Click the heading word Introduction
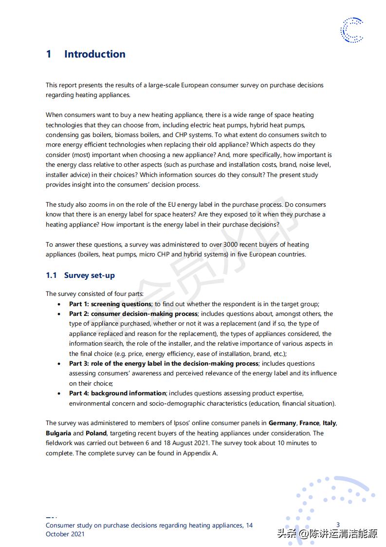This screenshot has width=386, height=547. tap(95, 54)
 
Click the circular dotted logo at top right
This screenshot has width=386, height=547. tap(351, 30)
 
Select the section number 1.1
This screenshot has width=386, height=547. tap(52, 275)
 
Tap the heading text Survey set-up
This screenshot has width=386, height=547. tap(90, 275)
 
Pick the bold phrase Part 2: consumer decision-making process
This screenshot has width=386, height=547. tap(133, 314)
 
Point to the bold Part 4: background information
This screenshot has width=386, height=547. tap(118, 393)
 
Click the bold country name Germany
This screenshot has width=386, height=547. tap(282, 423)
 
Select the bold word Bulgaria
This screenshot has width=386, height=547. tap(58, 433)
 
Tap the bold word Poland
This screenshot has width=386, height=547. tap(96, 433)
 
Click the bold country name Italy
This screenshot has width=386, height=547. tap(329, 423)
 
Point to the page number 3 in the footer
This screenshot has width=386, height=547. tap(338, 525)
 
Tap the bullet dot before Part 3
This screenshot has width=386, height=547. tap(59, 364)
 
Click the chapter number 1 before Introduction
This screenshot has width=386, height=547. tap(49, 54)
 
